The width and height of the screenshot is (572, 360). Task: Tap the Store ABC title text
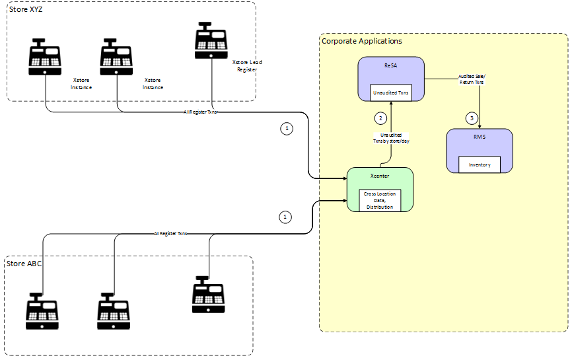[x=25, y=264]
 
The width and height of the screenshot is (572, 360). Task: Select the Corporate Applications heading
[x=361, y=41]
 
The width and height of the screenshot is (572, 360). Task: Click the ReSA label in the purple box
[x=390, y=66]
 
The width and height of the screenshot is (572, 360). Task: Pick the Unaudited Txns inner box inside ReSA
[x=390, y=93]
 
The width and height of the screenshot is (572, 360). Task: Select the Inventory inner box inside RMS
[x=480, y=164]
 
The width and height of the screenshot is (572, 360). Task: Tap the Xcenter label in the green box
[x=380, y=177]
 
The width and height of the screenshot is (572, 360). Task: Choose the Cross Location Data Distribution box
[x=380, y=201]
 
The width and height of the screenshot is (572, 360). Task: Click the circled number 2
[x=380, y=118]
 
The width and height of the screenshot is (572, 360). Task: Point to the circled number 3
[x=470, y=118]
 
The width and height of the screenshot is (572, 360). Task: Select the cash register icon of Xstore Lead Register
[x=211, y=40]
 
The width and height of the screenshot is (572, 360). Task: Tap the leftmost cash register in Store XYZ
[x=45, y=56]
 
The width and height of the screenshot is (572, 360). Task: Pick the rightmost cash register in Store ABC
[x=209, y=295]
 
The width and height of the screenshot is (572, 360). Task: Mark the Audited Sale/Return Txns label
[x=471, y=79]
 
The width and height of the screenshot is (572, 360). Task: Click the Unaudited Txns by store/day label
[x=390, y=137]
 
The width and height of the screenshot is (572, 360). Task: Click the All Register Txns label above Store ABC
[x=170, y=233]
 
